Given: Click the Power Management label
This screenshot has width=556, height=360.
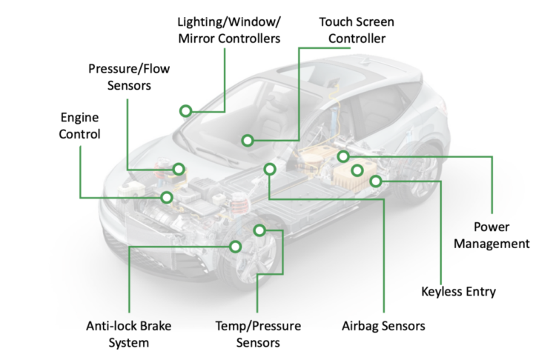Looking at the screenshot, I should click(x=492, y=235).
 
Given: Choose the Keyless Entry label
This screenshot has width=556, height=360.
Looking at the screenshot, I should click(x=458, y=291).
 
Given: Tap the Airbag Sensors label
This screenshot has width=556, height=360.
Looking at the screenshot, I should click(x=384, y=325).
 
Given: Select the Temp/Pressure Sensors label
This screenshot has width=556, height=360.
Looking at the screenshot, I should click(x=257, y=334).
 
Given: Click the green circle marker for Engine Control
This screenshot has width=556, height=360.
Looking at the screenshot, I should click(x=167, y=197).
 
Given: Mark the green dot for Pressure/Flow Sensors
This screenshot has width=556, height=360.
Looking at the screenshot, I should click(x=178, y=169).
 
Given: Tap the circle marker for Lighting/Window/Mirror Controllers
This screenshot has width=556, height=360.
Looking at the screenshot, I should click(x=185, y=111).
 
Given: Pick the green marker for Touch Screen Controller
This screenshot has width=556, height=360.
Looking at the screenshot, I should click(x=248, y=140).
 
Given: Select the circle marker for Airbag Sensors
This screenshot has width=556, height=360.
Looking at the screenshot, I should click(x=269, y=170).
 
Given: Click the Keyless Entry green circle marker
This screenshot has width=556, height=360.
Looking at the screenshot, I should click(x=376, y=181).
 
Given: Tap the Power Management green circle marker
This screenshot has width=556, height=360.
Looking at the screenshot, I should click(x=343, y=156).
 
